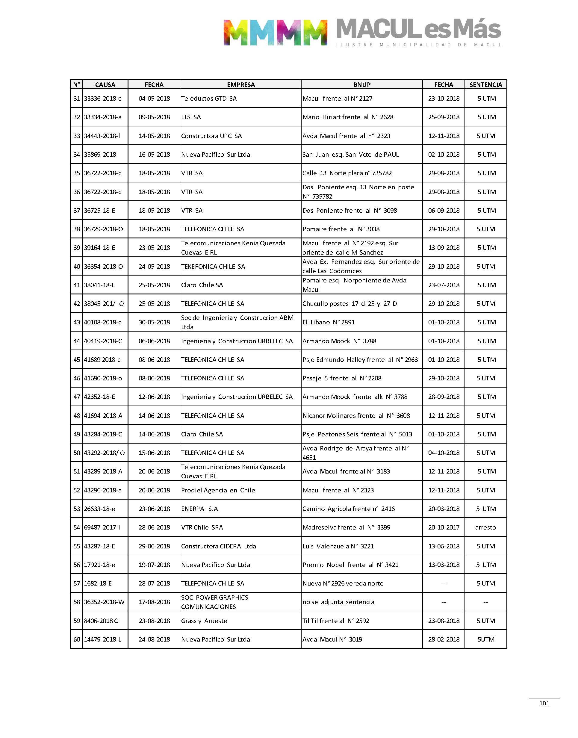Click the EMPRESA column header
(x=240, y=84)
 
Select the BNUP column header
(x=362, y=84)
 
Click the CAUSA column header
(x=105, y=84)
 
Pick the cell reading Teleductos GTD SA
(x=209, y=99)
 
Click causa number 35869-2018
(x=100, y=155)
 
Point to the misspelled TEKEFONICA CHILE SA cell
(x=213, y=267)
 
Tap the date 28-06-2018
(x=154, y=527)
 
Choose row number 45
(x=76, y=360)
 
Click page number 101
(x=544, y=704)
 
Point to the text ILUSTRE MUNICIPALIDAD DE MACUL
(x=419, y=45)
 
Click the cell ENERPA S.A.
(x=200, y=509)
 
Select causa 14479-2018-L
(x=102, y=639)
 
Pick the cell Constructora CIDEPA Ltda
(x=218, y=546)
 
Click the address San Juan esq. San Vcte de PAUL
(x=351, y=155)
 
